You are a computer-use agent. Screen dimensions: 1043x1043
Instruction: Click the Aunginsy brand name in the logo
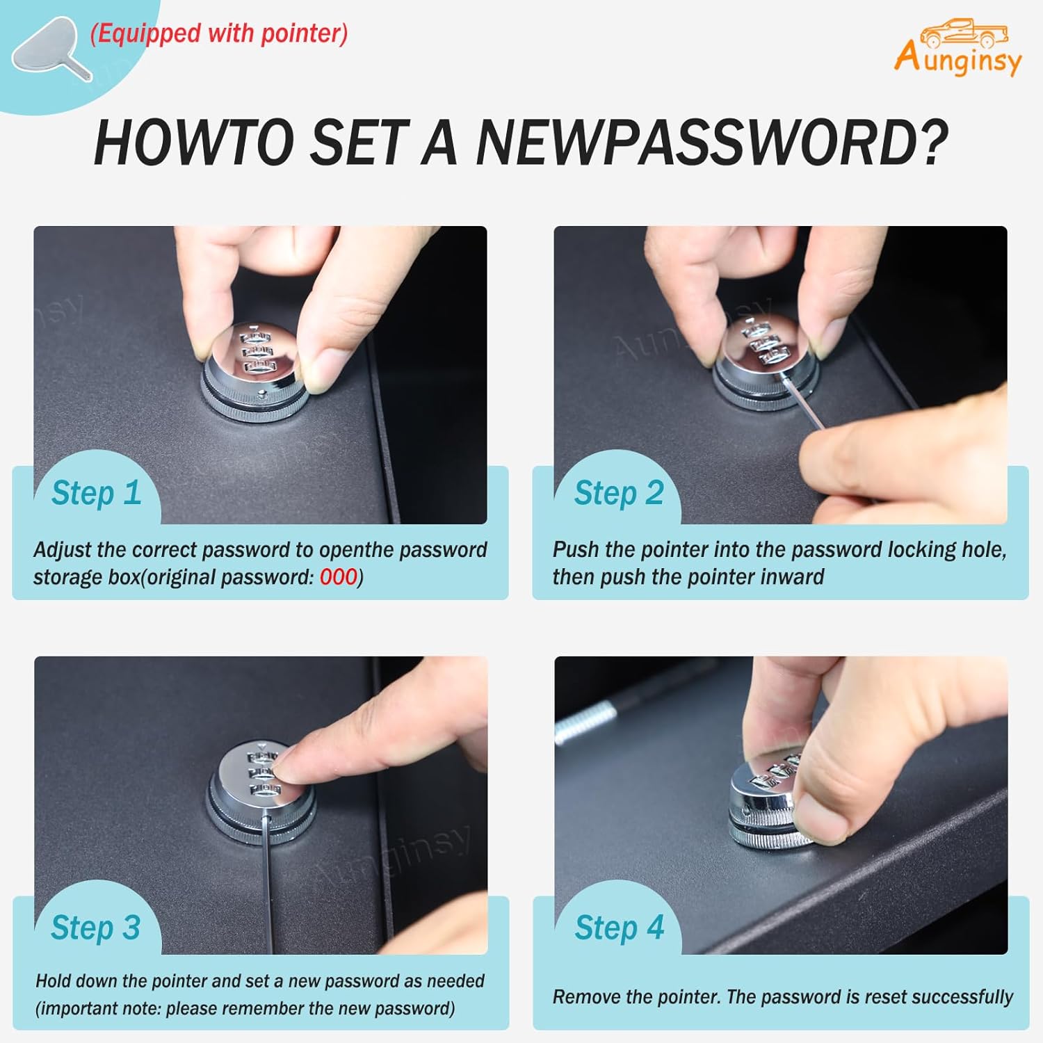click(x=958, y=58)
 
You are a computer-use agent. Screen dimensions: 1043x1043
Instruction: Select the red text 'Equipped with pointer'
click(x=219, y=33)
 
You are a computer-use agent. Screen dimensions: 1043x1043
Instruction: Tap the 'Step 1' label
click(x=97, y=493)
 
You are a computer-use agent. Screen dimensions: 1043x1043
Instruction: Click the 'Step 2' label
click(x=619, y=493)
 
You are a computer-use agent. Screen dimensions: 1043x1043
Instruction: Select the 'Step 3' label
click(x=96, y=928)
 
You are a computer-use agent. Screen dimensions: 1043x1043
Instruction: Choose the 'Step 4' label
click(x=620, y=928)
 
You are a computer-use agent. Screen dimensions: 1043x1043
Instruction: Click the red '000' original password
click(x=339, y=577)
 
